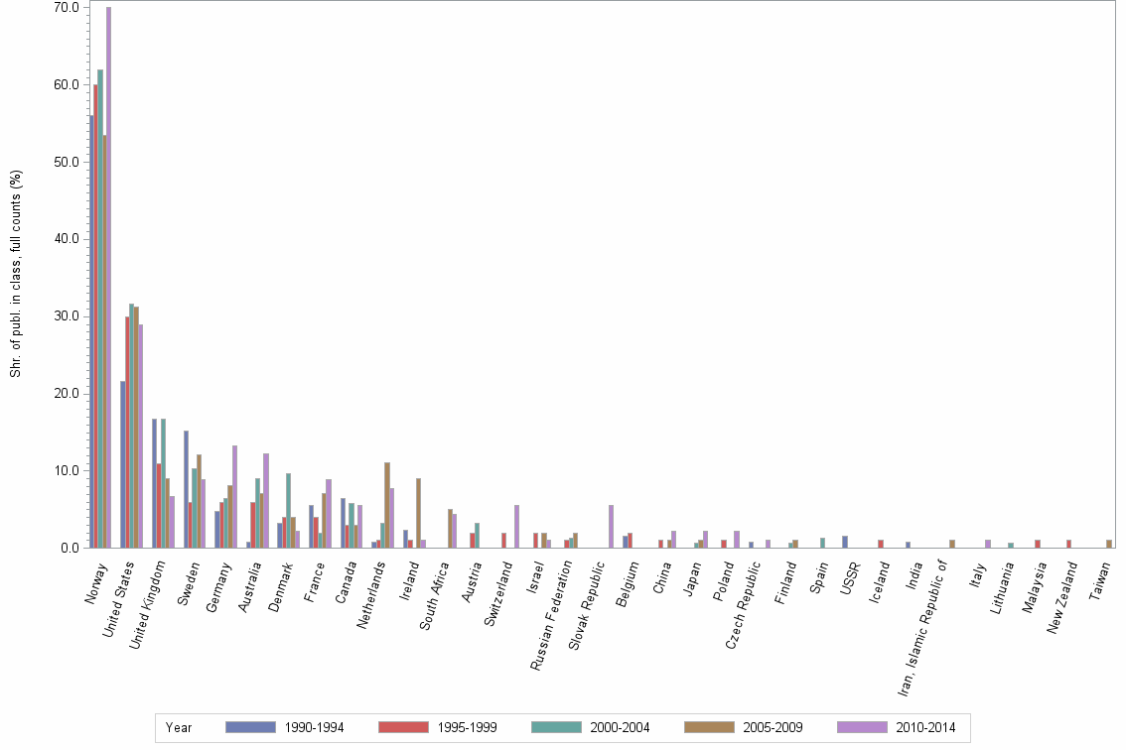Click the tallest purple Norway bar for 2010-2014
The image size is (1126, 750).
point(108,278)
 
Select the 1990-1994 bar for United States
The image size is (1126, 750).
point(123,464)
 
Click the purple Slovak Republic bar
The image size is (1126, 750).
point(611,527)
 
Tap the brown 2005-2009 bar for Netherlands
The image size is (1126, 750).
point(387,505)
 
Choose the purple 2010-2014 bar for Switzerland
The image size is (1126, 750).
point(516,527)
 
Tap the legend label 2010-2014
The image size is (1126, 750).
point(925,728)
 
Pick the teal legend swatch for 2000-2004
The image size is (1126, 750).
point(557,727)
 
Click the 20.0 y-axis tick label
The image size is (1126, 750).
point(69,394)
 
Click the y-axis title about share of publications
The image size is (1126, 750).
point(15,273)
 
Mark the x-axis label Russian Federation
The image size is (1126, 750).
point(552,605)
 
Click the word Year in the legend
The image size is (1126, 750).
point(179,728)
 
